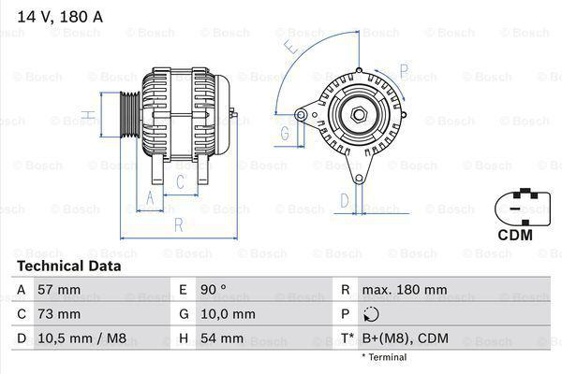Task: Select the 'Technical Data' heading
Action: (69, 266)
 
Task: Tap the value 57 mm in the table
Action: (58, 290)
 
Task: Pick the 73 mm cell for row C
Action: (58, 314)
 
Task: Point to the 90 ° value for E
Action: (214, 290)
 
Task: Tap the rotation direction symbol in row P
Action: (373, 314)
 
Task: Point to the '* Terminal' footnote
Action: (384, 357)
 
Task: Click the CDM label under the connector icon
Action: (514, 235)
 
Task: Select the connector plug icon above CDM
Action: (514, 205)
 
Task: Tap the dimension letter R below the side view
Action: (178, 223)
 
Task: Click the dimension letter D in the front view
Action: (345, 199)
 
